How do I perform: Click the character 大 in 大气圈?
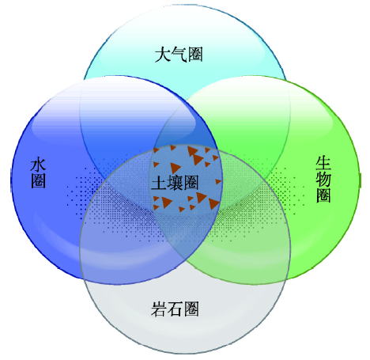tap(163, 55)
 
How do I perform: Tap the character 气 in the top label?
tap(179, 55)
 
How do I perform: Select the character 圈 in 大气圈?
tap(195, 55)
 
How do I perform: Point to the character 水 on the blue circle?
tap(39, 165)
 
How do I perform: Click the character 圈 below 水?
tap(39, 180)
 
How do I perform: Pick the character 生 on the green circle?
tap(323, 163)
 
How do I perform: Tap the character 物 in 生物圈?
tap(323, 179)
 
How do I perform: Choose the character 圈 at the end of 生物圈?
tap(323, 195)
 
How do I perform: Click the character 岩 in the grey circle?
tap(159, 309)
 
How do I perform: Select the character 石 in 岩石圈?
tap(175, 309)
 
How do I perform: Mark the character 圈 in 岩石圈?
tap(191, 309)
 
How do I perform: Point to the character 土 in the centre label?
tap(159, 183)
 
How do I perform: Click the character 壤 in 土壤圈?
tap(175, 183)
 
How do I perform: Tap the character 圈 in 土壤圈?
tap(191, 183)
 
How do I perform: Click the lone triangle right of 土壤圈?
tap(218, 181)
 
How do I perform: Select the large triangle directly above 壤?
tap(175, 168)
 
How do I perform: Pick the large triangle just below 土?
tap(166, 203)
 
